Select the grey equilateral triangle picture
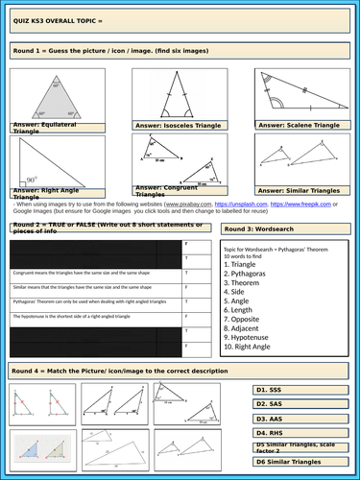[51, 96]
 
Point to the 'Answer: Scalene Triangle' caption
[300, 126]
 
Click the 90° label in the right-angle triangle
[30, 179]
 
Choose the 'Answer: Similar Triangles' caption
[300, 191]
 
